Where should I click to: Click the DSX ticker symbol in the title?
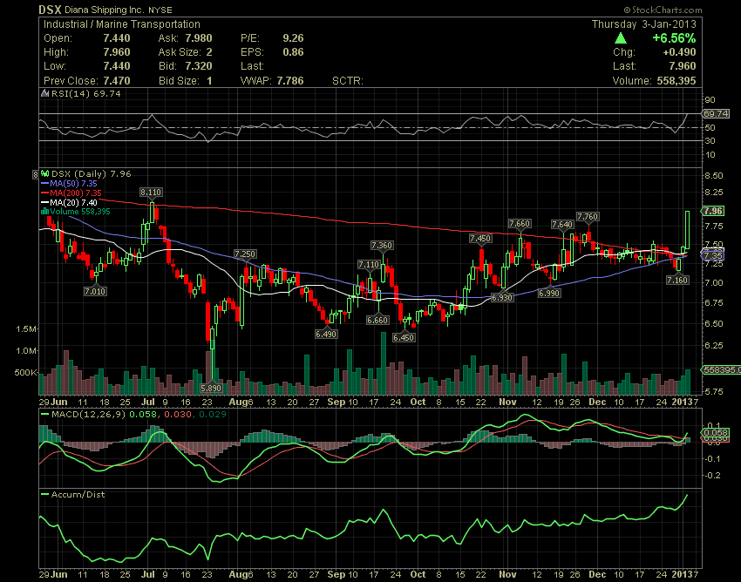click(x=48, y=10)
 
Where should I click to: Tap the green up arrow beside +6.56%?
click(x=620, y=39)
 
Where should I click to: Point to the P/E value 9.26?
click(x=293, y=39)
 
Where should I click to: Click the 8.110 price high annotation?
click(x=151, y=191)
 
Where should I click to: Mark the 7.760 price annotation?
click(x=588, y=216)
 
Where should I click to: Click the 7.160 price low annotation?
click(x=677, y=280)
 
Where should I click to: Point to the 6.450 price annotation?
click(x=404, y=337)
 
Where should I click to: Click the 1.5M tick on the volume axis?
click(x=25, y=329)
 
